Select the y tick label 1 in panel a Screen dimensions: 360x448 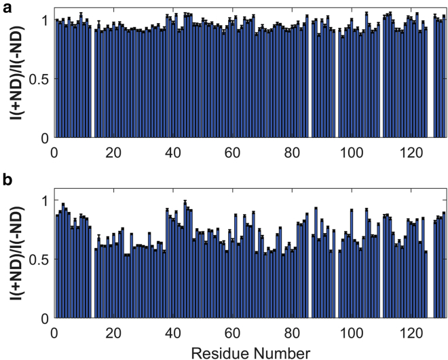coord(45,20)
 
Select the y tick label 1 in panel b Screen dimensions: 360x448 coord(45,200)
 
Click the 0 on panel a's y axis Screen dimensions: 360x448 coord(45,138)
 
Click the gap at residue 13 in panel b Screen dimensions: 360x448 coord(92,285)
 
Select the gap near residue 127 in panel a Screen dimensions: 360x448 coord(430,82)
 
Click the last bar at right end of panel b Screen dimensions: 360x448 coord(444,265)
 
